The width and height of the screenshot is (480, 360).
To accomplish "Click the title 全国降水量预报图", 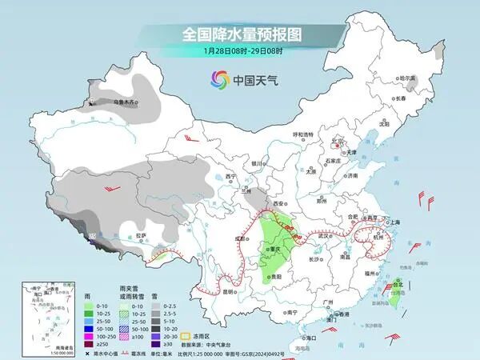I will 240,35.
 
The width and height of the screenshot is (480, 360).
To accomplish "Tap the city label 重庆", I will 276,249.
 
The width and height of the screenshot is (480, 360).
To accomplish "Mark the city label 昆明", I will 229,291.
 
